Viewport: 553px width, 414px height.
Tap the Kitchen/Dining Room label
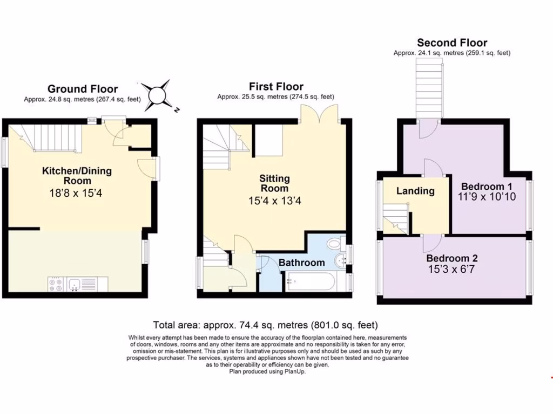77,176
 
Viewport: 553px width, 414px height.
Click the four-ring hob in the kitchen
56,284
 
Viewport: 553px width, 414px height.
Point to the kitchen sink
75,284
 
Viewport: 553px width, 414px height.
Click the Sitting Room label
274,183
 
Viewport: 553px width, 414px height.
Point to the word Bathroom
302,263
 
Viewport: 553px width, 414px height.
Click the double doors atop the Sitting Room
319,113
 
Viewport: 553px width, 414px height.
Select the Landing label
415,191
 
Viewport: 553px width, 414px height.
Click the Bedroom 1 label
487,186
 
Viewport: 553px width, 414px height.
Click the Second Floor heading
452,43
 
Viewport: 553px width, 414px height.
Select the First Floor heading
276,86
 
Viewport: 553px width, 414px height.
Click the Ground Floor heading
82,89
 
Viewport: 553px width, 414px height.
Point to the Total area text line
265,325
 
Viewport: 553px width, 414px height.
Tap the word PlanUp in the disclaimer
294,371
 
